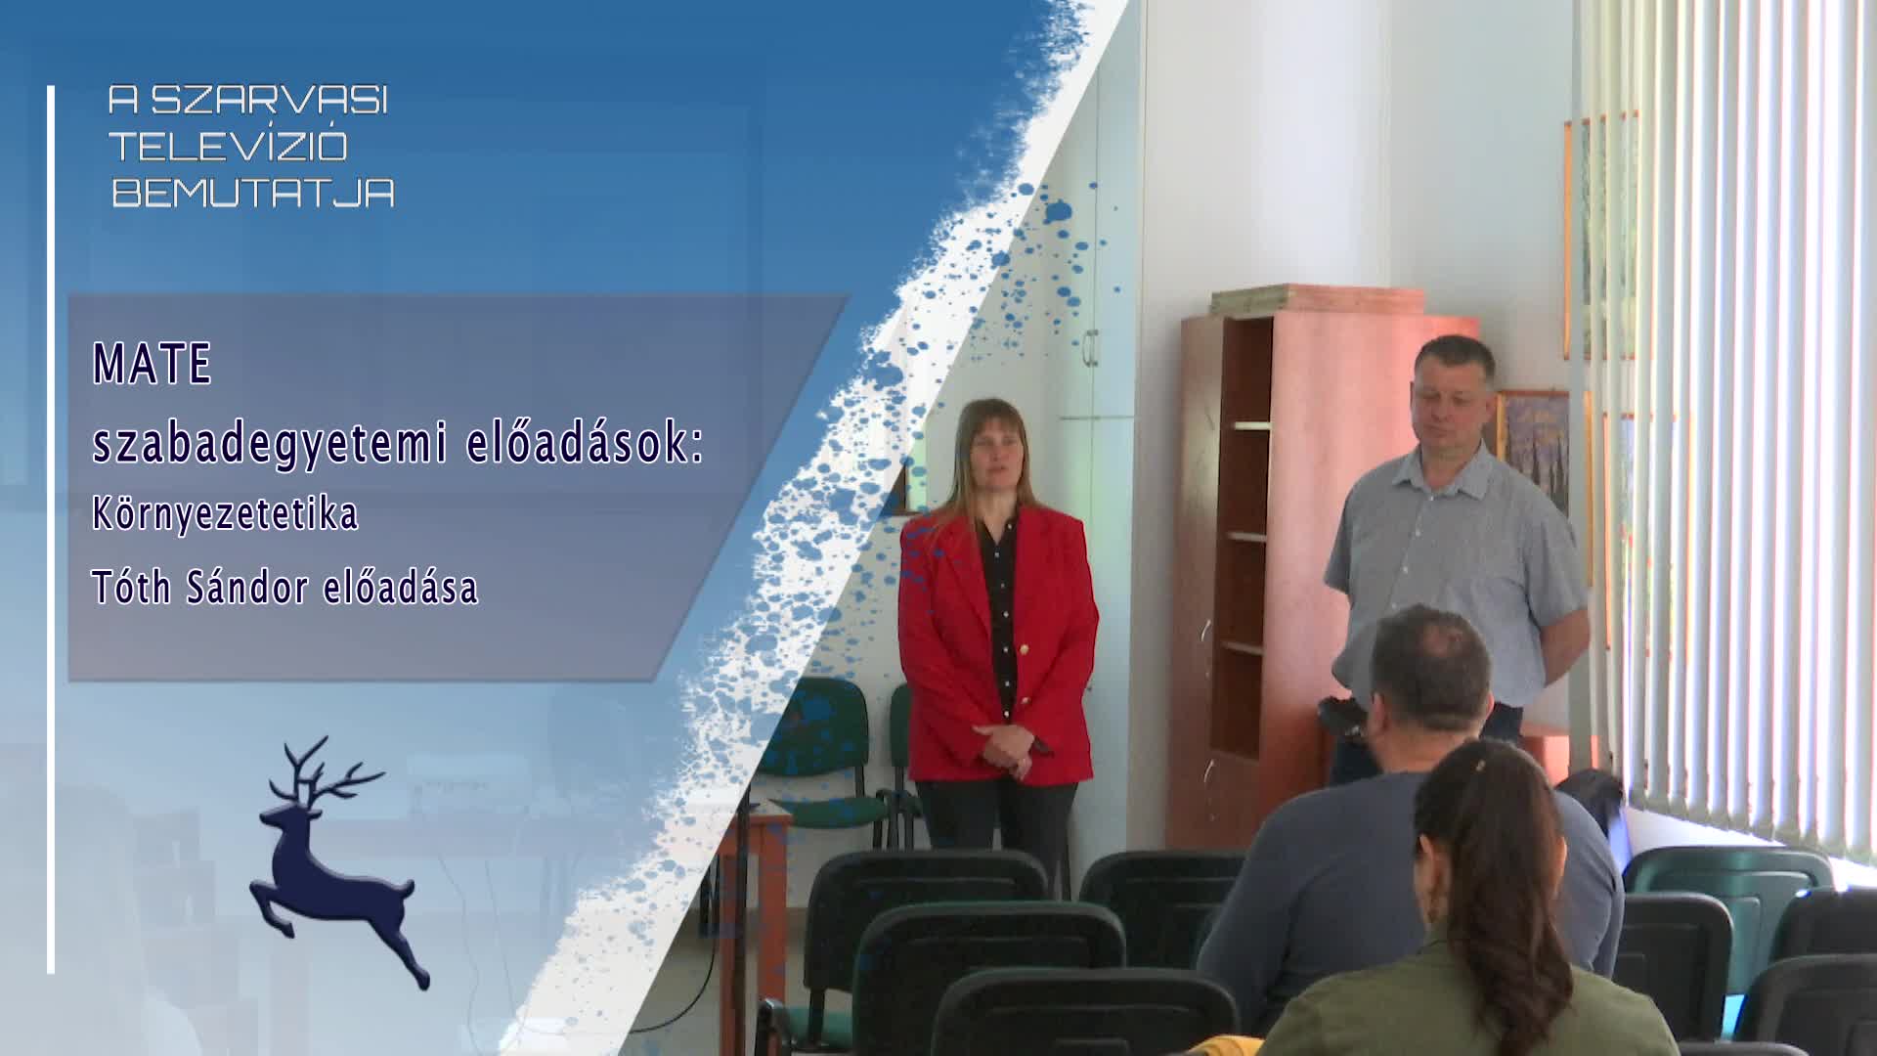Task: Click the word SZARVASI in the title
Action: click(x=271, y=100)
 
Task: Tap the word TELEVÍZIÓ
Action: click(x=229, y=147)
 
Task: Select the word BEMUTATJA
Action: click(x=253, y=193)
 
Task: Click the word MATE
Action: click(x=153, y=364)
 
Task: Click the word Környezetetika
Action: click(x=225, y=515)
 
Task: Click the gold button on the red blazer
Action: click(x=1025, y=646)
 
